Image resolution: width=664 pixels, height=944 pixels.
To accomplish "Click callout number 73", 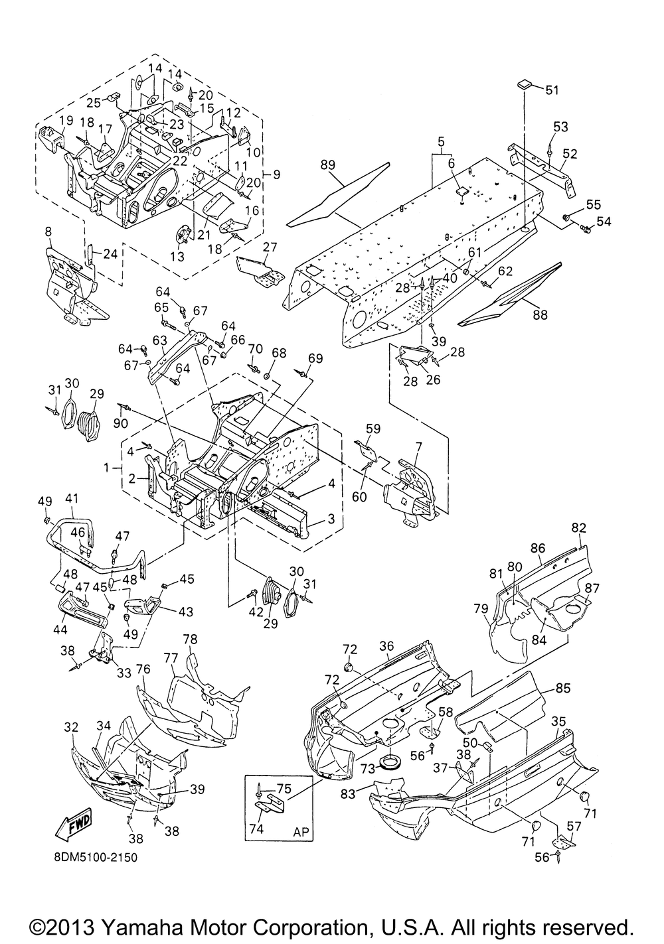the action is (367, 768).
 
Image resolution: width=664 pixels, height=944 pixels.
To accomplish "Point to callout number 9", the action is (276, 174).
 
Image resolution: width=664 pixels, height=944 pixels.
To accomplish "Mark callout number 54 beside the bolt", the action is (604, 222).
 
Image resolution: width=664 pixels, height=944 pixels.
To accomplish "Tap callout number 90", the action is (121, 423).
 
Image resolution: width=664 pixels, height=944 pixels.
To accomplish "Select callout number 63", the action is (160, 340).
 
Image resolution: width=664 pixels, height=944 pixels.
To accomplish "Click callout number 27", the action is (270, 247).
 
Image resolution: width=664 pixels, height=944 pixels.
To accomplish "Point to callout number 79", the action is (481, 608).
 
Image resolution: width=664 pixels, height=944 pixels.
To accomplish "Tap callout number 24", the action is (110, 254).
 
